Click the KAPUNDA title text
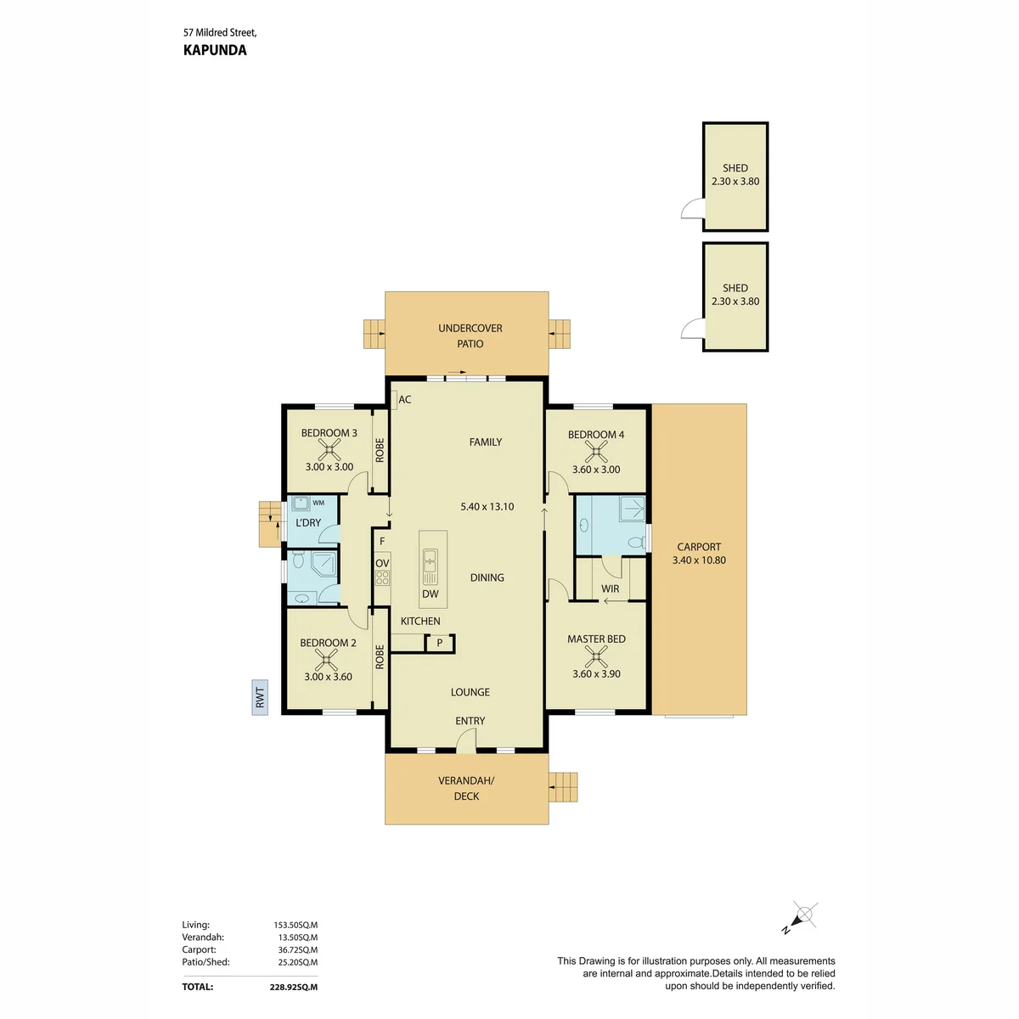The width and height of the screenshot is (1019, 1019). (215, 50)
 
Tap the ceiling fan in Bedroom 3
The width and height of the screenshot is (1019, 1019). (329, 450)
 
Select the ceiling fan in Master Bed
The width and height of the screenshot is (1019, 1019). (596, 656)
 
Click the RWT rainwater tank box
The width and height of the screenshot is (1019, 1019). (260, 697)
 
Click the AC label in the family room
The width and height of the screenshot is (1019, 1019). (404, 400)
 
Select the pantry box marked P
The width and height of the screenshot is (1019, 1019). (440, 644)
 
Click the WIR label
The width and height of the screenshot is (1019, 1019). (610, 588)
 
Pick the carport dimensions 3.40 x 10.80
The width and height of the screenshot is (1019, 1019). (699, 560)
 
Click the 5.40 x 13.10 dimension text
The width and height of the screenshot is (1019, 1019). (487, 507)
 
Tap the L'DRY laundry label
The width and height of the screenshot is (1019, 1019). (308, 522)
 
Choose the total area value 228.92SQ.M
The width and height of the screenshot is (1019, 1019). (294, 987)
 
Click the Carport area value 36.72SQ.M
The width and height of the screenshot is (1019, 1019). (298, 949)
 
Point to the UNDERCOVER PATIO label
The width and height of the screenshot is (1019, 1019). (470, 335)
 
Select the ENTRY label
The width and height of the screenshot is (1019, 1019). (470, 721)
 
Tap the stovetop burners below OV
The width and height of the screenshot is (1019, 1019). (382, 577)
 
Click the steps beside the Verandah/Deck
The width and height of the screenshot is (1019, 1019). (563, 787)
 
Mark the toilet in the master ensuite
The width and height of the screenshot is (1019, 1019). (636, 543)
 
